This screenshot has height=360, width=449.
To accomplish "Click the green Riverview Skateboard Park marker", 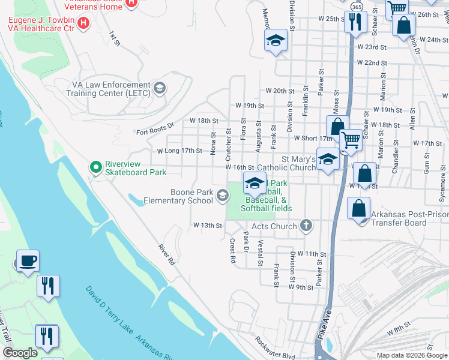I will [94, 166].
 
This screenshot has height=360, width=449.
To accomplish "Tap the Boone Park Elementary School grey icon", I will [223, 195].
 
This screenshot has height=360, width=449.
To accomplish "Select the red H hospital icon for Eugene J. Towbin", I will [84, 23].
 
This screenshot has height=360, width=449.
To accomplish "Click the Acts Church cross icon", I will [306, 226].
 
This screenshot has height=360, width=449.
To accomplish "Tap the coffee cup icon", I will [28, 261].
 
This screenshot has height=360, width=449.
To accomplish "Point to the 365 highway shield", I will [357, 6].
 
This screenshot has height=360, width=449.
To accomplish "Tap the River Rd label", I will [166, 254].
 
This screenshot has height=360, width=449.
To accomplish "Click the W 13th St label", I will [207, 226].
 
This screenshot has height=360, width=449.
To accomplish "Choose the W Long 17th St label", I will [179, 151].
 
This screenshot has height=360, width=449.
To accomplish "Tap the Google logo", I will [20, 353].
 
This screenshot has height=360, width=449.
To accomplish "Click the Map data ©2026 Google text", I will [412, 355].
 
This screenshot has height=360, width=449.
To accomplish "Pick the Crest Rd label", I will [232, 251].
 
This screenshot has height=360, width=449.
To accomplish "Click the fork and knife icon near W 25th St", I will [355, 22].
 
